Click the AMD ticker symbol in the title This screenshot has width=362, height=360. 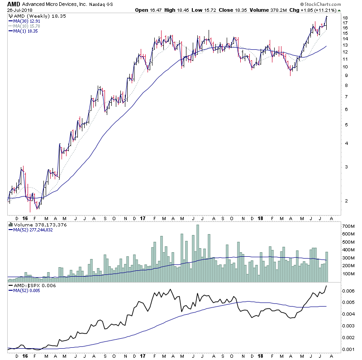(14, 4)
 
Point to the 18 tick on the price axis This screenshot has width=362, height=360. (345, 18)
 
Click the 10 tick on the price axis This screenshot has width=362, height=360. (345, 67)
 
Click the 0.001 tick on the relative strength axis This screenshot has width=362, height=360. (348, 349)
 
